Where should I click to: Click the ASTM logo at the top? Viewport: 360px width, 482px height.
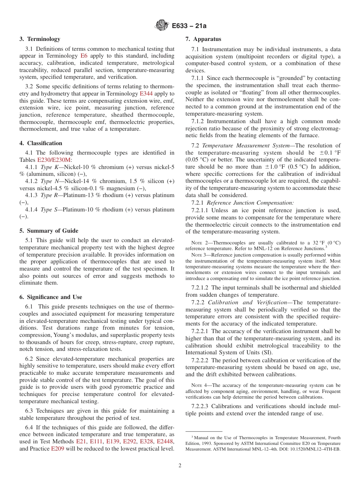(162, 26)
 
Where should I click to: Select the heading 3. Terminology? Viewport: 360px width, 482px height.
(40, 39)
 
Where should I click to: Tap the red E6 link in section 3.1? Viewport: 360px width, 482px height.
(84, 56)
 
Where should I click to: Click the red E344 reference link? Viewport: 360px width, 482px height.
(146, 94)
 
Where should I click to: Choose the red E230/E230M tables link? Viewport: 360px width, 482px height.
(54, 160)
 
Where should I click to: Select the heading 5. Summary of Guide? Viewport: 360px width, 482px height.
(49, 231)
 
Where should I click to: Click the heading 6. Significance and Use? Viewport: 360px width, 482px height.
(51, 297)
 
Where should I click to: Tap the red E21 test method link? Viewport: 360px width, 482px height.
(81, 441)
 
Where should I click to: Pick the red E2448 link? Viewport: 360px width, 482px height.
(165, 441)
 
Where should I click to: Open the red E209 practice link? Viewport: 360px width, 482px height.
(58, 449)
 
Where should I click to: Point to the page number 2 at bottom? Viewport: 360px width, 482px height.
(180, 465)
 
